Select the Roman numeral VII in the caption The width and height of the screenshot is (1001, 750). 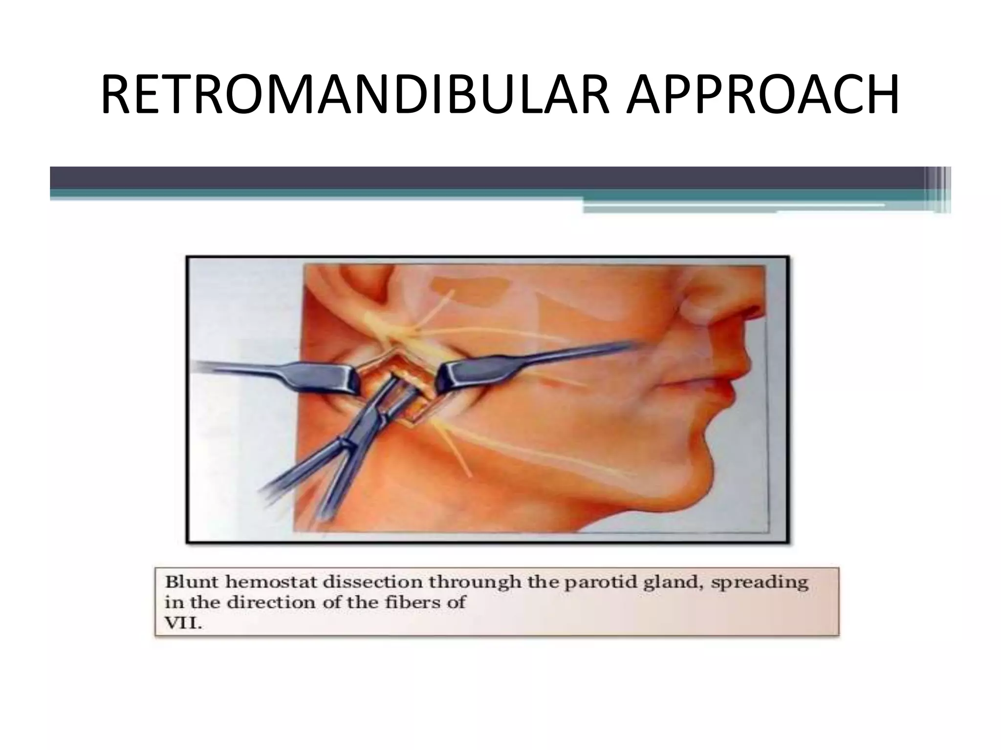pos(183,624)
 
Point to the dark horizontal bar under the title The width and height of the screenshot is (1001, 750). pos(489,178)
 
